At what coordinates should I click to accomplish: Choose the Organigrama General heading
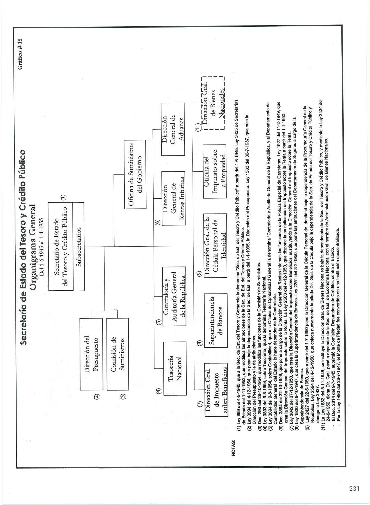tap(33, 246)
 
